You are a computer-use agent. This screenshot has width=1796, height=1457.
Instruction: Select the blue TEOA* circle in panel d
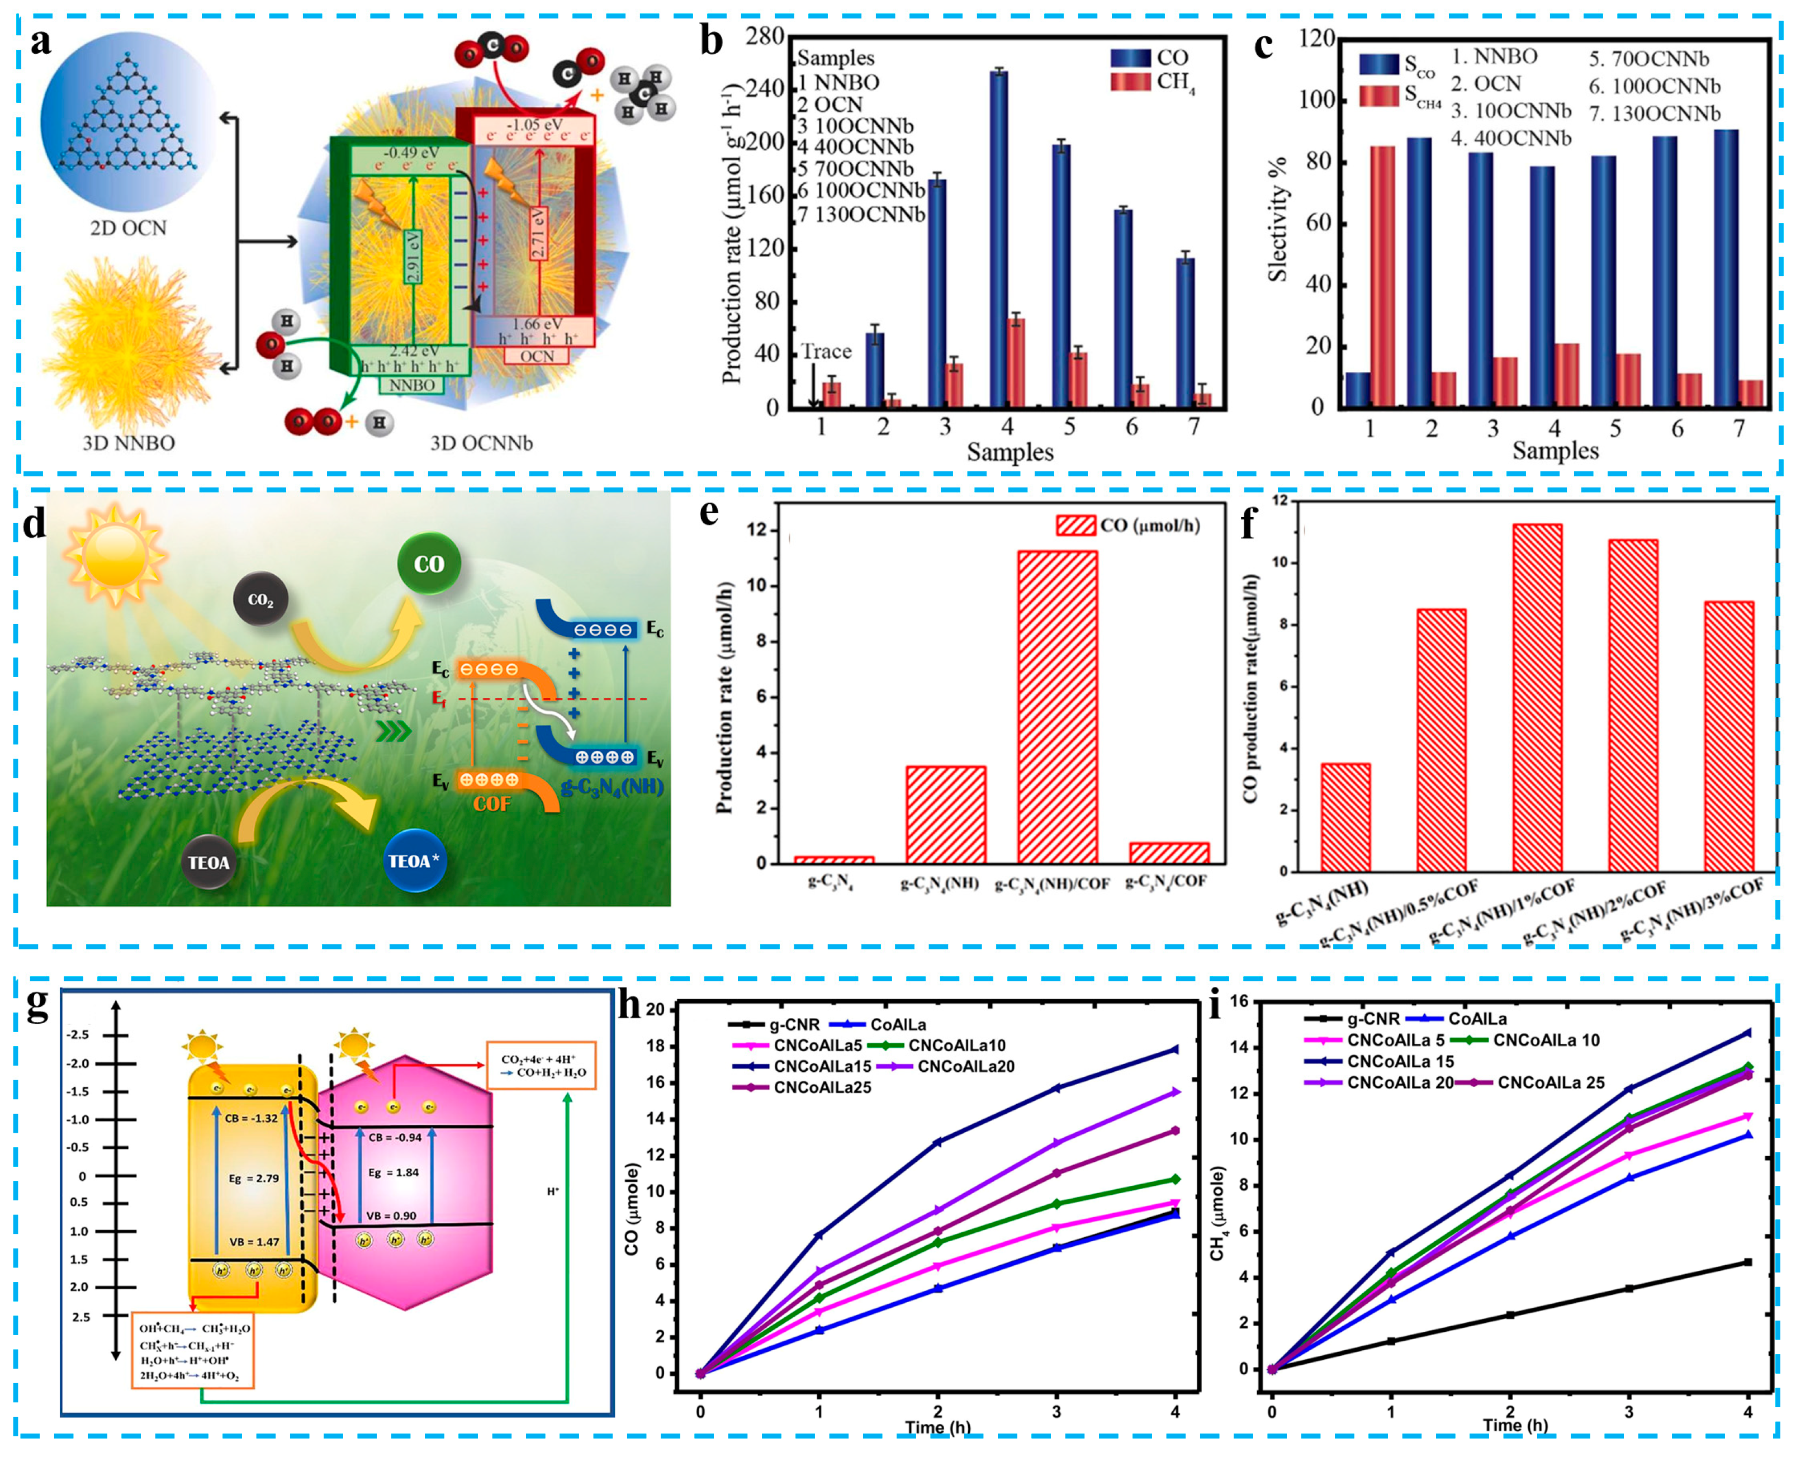pyautogui.click(x=414, y=861)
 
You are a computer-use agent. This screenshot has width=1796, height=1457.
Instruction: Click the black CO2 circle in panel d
pyautogui.click(x=261, y=599)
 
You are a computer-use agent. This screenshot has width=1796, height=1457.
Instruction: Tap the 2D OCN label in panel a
pyautogui.click(x=129, y=228)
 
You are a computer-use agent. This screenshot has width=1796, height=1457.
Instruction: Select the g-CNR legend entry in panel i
pyautogui.click(x=1373, y=1019)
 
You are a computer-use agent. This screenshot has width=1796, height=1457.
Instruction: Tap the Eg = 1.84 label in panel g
pyautogui.click(x=394, y=1172)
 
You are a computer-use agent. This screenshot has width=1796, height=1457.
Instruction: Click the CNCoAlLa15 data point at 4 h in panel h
pyautogui.click(x=1175, y=1049)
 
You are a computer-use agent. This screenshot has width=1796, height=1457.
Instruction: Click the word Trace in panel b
pyautogui.click(x=827, y=352)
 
